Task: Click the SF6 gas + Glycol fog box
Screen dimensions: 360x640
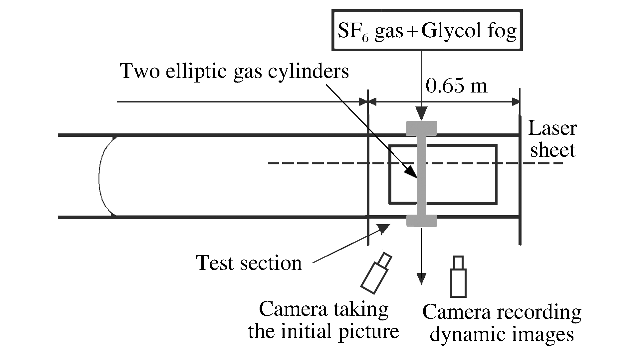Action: click(x=427, y=30)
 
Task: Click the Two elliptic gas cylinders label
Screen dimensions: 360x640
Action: click(x=234, y=71)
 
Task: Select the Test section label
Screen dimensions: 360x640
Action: click(x=249, y=263)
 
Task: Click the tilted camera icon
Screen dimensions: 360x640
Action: click(x=376, y=273)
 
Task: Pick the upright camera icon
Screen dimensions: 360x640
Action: click(x=458, y=277)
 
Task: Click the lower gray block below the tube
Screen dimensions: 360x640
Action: click(x=421, y=221)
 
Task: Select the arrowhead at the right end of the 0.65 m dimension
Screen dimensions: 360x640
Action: click(x=516, y=101)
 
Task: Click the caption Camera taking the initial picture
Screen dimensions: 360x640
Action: click(x=323, y=320)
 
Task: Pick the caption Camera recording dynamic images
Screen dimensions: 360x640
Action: click(x=502, y=323)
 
